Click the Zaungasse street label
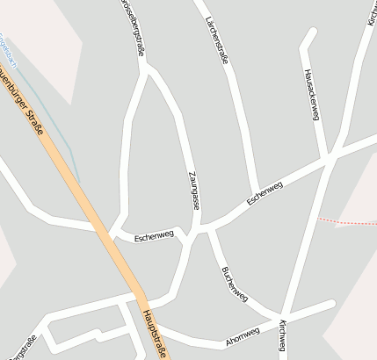pos(193,190)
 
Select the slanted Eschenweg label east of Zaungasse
pos(265,193)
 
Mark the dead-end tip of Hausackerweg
pos(312,31)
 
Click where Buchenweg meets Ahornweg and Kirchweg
pos(282,316)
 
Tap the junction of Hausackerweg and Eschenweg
pos(329,158)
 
